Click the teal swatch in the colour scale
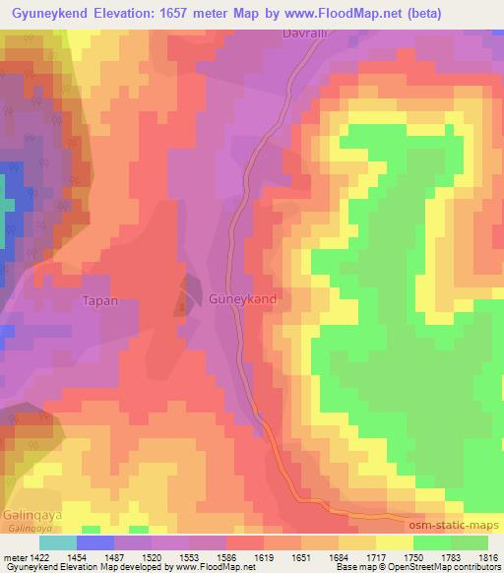57,542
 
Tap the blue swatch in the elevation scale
95,542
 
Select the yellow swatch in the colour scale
394,542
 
